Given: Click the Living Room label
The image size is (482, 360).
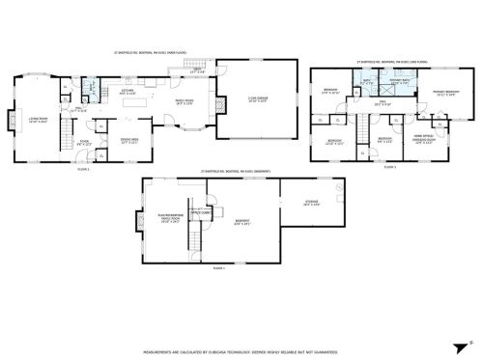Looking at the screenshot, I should pyautogui.click(x=37, y=121).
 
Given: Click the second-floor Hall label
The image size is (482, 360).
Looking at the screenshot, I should pyautogui.click(x=383, y=102).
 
